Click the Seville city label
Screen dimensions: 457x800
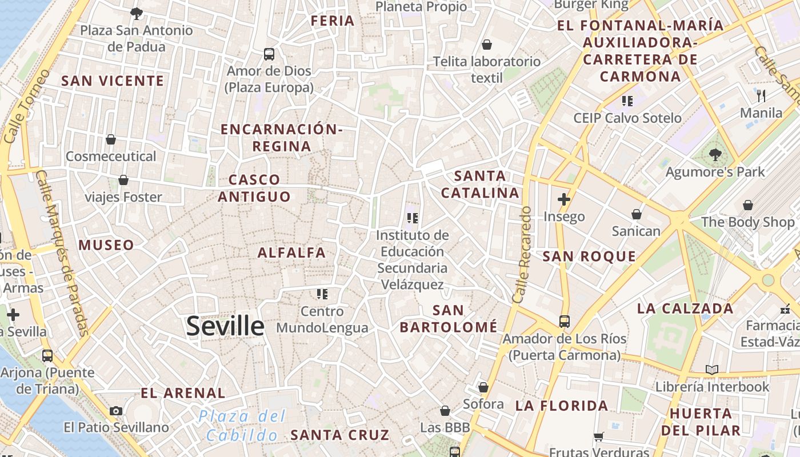[x=225, y=326]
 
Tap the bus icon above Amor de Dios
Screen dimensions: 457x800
[x=269, y=54]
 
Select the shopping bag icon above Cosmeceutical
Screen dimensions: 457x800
[x=111, y=139]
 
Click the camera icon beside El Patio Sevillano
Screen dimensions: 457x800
[x=116, y=411]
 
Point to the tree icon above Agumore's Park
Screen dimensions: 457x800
[x=715, y=154]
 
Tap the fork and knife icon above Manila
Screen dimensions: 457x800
[x=761, y=95]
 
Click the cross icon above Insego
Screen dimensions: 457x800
[x=564, y=199]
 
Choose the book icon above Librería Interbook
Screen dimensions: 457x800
[x=711, y=370]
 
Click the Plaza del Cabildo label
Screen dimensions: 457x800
[x=242, y=426]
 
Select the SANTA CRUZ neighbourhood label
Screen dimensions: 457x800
[x=340, y=435]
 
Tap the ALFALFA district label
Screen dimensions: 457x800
[x=291, y=252]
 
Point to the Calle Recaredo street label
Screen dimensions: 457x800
[x=522, y=255]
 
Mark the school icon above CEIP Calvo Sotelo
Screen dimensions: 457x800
[x=627, y=101]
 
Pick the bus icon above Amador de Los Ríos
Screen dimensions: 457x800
[x=564, y=321]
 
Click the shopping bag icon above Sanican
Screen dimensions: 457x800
[x=636, y=214]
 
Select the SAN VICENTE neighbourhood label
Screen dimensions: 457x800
[x=113, y=81]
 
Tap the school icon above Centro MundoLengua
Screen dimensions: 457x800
[x=322, y=294]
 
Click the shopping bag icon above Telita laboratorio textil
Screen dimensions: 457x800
[x=487, y=45]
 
